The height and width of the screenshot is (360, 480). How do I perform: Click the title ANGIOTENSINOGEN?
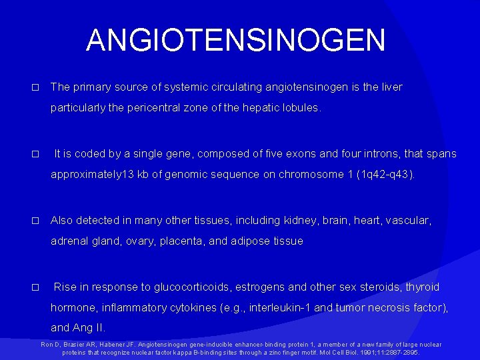pos(235,40)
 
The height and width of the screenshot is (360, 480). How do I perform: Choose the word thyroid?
pos(421,287)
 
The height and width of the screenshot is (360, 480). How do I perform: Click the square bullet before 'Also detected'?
pos(36,221)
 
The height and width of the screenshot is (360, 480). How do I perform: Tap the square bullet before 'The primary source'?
pos(36,87)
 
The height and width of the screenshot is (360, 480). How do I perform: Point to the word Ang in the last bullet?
pos(82,328)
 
